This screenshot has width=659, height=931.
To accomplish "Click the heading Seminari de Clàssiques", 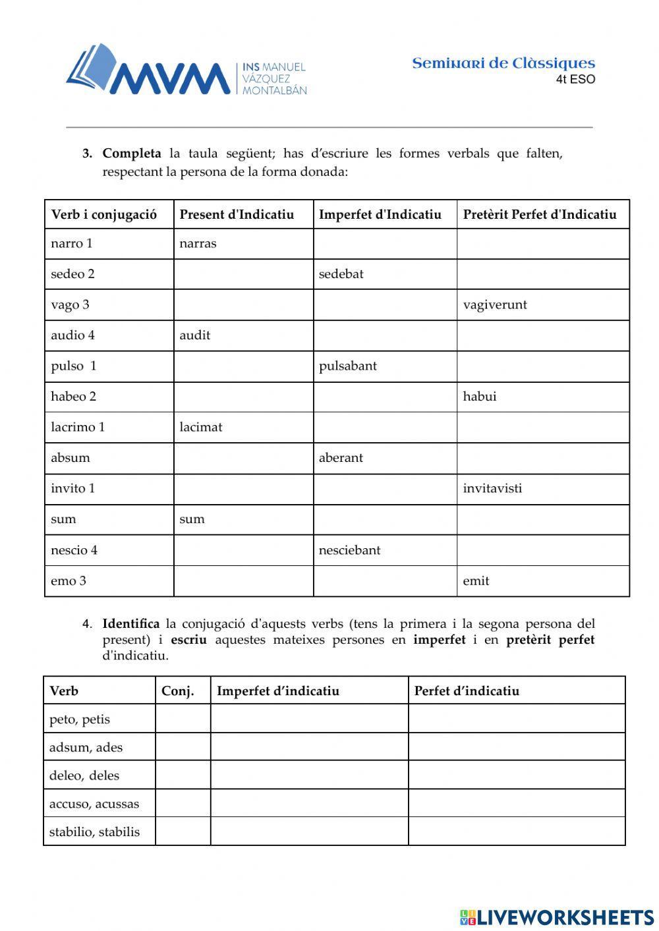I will coord(503,63).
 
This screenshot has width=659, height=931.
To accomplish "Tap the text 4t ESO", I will coord(575,80).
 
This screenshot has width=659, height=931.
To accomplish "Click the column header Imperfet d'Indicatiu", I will coord(380,214).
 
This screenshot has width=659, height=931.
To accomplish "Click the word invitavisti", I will coord(492,488).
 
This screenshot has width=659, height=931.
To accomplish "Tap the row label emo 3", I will coord(69,580).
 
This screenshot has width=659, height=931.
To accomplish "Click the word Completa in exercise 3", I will coord(132,154).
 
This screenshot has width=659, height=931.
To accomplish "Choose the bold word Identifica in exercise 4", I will coord(131,623).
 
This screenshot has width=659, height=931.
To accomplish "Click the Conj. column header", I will coord(178,691).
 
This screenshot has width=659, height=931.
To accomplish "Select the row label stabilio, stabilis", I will coord(94,832).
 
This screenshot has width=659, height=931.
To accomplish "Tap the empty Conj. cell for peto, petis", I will coord(183,719).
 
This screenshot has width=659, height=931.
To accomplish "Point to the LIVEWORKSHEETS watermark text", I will coord(565,917).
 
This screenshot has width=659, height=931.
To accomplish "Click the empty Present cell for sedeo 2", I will coord(243,274).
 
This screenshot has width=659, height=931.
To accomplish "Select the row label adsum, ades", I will coord(86,747).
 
